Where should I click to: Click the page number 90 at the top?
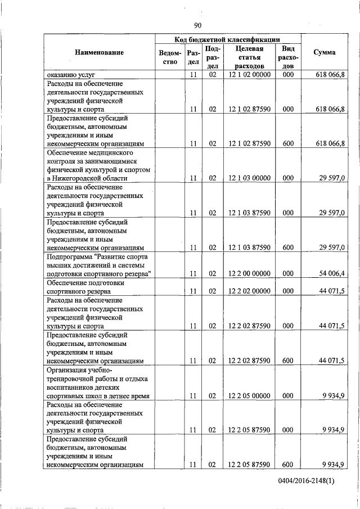(x=197, y=25)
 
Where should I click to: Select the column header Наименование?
(x=99, y=52)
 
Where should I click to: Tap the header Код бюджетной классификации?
(x=228, y=39)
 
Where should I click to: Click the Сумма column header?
(x=325, y=52)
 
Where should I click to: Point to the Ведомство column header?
(x=170, y=57)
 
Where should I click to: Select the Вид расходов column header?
(x=288, y=57)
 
